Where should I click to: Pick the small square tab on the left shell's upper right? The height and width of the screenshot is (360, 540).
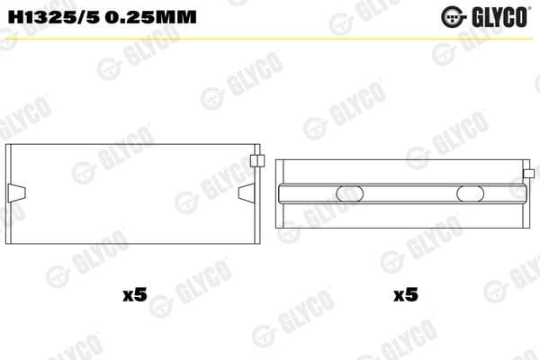point(256,162)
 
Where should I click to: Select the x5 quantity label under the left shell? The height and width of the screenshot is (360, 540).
point(133,294)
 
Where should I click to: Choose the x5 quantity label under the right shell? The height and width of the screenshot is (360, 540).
point(405,294)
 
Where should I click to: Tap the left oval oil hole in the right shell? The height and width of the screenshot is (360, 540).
point(349,193)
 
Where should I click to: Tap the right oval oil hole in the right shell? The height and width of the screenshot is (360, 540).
point(471,193)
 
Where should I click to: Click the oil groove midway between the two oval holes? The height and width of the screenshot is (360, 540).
point(409,193)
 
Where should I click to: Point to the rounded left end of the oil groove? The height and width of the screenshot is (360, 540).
point(282,193)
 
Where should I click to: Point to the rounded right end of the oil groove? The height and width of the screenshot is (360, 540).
point(525,193)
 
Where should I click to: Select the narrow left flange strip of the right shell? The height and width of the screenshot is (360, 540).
point(278,193)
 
